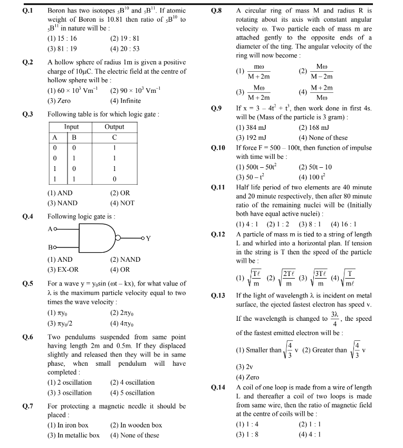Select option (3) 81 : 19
click(x=62, y=49)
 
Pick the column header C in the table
click(x=114, y=137)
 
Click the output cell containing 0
click(x=114, y=179)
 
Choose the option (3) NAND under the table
click(x=62, y=203)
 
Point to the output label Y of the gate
click(x=148, y=239)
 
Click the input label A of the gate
click(x=50, y=229)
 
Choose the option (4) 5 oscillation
click(x=132, y=393)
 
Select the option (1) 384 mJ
click(x=256, y=127)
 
